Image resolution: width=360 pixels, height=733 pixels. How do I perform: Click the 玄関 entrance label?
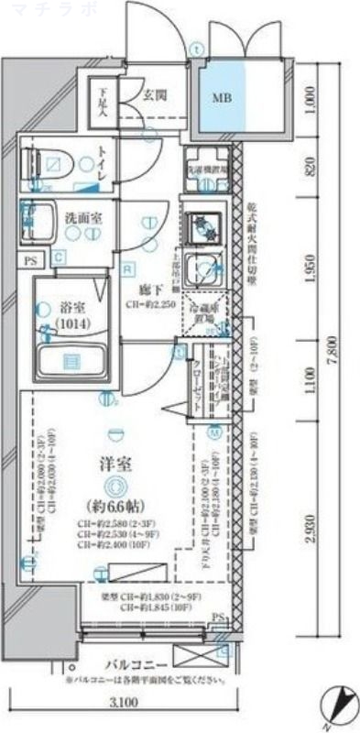point(154,93)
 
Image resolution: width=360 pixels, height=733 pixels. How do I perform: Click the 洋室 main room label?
point(115,465)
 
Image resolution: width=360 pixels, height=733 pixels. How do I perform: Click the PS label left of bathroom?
point(32,260)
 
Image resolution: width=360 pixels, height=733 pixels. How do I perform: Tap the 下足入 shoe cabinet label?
point(103,101)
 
